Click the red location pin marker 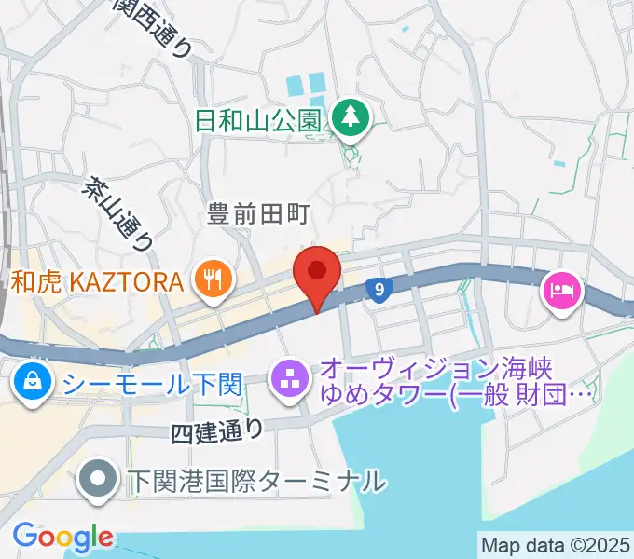coord(317,273)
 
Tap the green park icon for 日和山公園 coord(351,118)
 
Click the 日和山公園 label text coord(259,120)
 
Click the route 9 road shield coord(378,291)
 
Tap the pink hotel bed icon coord(563,292)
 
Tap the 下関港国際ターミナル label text coord(255,482)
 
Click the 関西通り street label coord(155,27)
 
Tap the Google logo coord(62,537)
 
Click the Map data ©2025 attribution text coord(555,544)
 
